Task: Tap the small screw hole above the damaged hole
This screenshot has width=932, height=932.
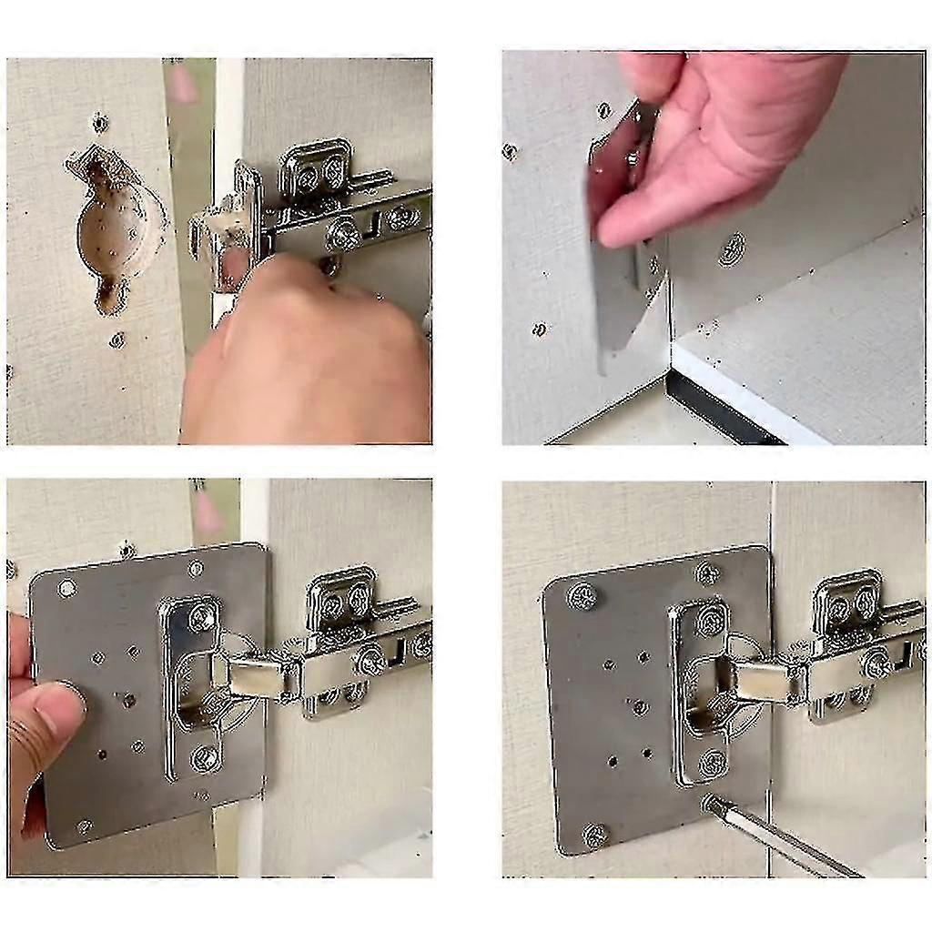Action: [x=99, y=123]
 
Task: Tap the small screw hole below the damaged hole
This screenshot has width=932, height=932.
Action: [x=116, y=340]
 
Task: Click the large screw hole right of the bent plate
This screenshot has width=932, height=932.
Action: [x=733, y=248]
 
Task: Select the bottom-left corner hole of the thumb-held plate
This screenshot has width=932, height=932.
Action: [x=84, y=826]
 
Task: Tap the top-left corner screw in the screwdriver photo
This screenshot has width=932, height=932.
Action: [x=582, y=596]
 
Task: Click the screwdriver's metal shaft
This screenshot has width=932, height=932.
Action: [x=783, y=842]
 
